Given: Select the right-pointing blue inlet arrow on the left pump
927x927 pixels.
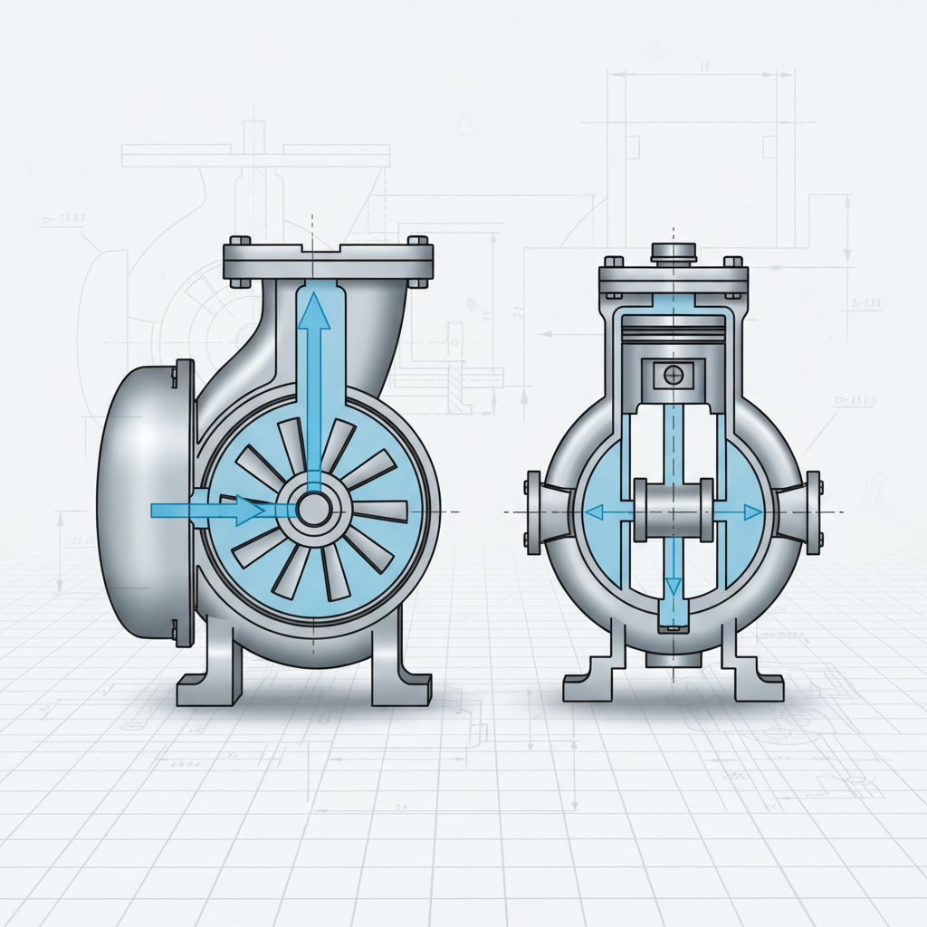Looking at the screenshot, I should tap(208, 510).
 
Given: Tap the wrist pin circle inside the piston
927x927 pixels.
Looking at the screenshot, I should tap(672, 373).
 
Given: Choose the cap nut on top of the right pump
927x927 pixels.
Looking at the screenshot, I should tap(672, 251).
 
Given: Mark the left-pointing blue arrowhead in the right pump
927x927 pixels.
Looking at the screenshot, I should tap(595, 512).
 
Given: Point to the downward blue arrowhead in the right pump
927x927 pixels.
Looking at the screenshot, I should tap(673, 588).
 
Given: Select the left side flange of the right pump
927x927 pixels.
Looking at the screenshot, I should tap(533, 511).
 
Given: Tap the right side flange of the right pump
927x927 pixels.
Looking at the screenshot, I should tap(812, 511).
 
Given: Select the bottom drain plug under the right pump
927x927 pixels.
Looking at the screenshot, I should tap(672, 660).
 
